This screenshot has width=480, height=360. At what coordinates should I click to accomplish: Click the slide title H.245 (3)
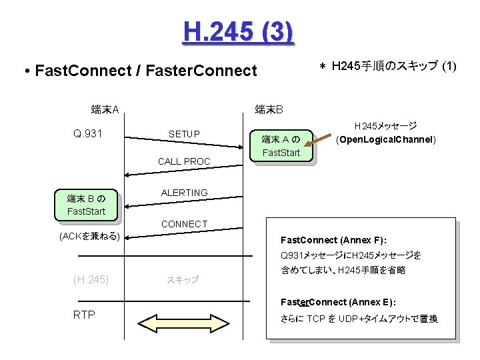pyautogui.click(x=237, y=31)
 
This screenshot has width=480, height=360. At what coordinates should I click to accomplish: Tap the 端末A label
pyautogui.click(x=105, y=109)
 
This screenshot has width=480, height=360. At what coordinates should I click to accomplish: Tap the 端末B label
pyautogui.click(x=269, y=109)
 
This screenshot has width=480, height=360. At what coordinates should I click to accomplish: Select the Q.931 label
pyautogui.click(x=87, y=134)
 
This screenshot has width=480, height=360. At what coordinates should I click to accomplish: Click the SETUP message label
pyautogui.click(x=184, y=134)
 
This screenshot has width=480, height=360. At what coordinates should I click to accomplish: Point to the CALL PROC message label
pyautogui.click(x=184, y=161)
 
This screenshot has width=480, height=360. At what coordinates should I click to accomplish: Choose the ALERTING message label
pyautogui.click(x=184, y=193)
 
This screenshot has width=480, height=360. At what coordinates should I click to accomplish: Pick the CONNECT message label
pyautogui.click(x=184, y=224)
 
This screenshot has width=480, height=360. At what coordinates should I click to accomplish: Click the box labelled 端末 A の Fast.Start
pyautogui.click(x=281, y=146)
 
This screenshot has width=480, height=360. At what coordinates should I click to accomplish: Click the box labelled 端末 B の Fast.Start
pyautogui.click(x=86, y=205)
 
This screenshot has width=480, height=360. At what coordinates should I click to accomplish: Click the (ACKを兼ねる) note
pyautogui.click(x=89, y=236)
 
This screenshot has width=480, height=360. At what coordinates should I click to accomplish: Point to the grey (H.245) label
pyautogui.click(x=91, y=279)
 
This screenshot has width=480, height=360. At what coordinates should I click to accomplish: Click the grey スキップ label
pyautogui.click(x=183, y=280)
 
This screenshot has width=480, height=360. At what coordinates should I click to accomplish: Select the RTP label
pyautogui.click(x=84, y=315)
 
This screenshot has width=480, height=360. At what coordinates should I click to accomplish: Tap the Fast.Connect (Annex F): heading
pyautogui.click(x=334, y=239)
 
